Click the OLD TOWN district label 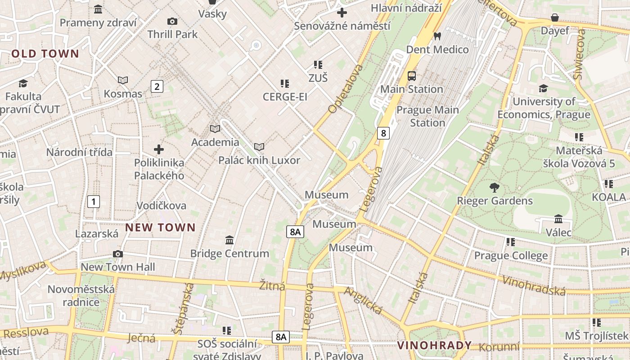(x=45, y=54)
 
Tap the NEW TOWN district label (x=160, y=228)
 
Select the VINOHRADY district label (x=434, y=346)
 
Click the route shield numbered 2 (x=157, y=86)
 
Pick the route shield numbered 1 (x=93, y=202)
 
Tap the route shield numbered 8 (x=383, y=133)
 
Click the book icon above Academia (x=215, y=129)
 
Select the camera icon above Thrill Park (x=172, y=21)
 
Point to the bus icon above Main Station (x=412, y=76)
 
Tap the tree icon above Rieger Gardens (x=495, y=188)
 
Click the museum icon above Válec (x=558, y=219)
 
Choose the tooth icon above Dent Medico (x=437, y=36)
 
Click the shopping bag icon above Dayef (x=555, y=18)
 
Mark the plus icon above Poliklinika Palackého (x=159, y=149)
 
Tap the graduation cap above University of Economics (x=543, y=88)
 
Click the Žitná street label (x=272, y=285)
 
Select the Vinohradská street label (x=534, y=286)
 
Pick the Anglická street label (x=363, y=301)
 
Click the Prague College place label (x=511, y=256)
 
